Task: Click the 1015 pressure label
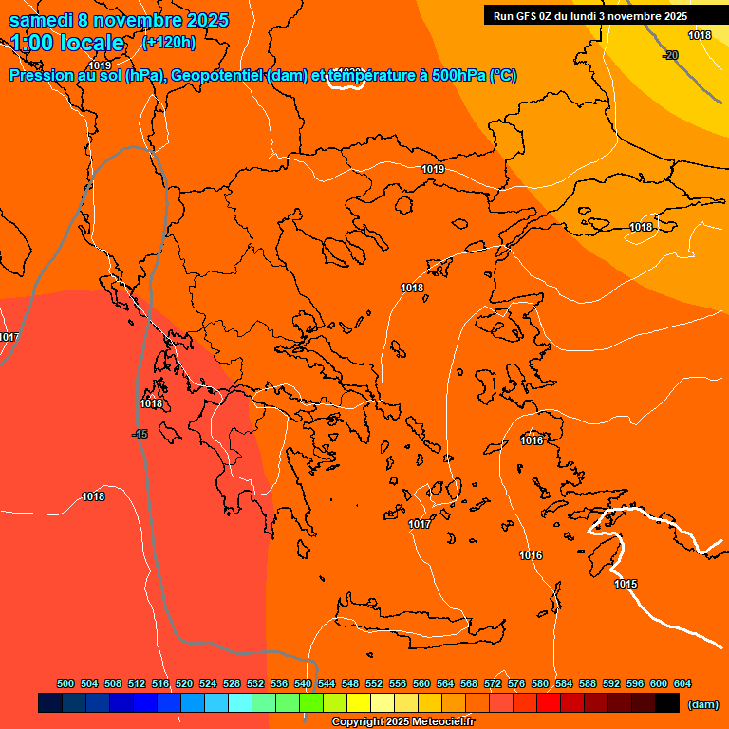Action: [x=626, y=584]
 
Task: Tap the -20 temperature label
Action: [x=670, y=55]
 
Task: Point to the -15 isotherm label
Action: [x=140, y=434]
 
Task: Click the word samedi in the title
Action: [x=42, y=20]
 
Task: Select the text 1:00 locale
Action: [x=67, y=43]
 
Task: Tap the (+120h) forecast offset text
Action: [x=169, y=43]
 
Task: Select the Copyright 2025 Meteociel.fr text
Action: [x=402, y=722]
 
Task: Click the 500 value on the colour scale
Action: [x=65, y=683]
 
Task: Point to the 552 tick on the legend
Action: [x=374, y=683]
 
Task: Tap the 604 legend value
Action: [x=682, y=683]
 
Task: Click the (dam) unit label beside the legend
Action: [x=703, y=704]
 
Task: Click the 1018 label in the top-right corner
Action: [x=700, y=35]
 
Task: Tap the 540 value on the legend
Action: [x=303, y=683]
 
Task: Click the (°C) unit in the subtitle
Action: [x=503, y=76]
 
